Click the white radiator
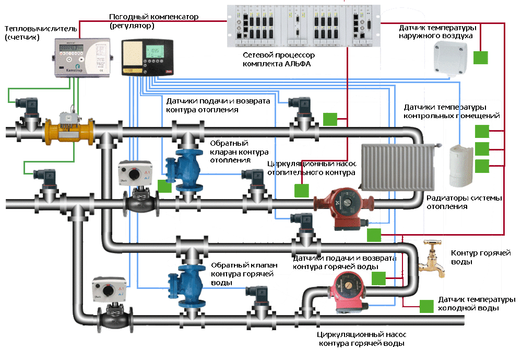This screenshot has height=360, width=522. coord(397,167)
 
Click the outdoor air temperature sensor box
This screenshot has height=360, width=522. coord(452,57)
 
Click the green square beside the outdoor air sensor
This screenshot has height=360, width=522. coord(481,57)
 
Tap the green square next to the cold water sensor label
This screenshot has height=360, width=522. coord(426,306)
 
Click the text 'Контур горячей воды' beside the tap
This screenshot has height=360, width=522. coord(480,257)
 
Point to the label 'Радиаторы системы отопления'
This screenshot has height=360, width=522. coord(464,202)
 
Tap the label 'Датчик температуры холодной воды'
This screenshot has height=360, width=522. coord(477,304)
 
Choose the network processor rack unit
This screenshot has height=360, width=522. coord(305,25)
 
